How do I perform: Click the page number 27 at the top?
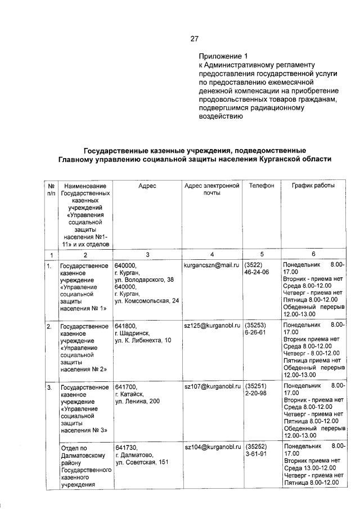194,39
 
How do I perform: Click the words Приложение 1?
223,57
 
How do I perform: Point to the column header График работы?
313,185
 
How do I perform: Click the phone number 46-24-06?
256,272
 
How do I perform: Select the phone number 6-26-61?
256,333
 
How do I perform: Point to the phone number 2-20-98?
256,394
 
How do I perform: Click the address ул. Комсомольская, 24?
147,301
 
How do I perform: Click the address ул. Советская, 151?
141,462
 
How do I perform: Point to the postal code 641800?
125,326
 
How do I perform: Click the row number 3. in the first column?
49,387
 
